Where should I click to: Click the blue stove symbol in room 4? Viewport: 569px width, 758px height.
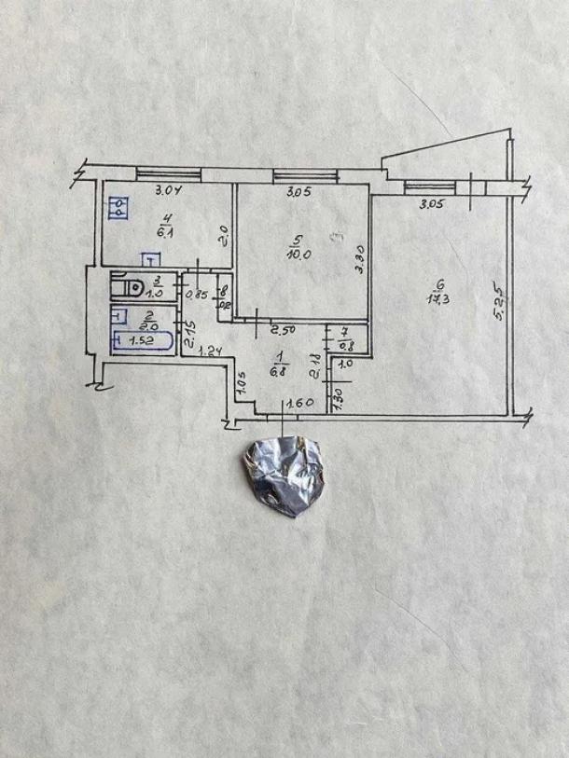[x=118, y=210]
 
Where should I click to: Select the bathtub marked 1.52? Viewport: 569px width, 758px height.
[x=142, y=341]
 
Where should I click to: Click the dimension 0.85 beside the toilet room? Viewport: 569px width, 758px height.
[x=196, y=296]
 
